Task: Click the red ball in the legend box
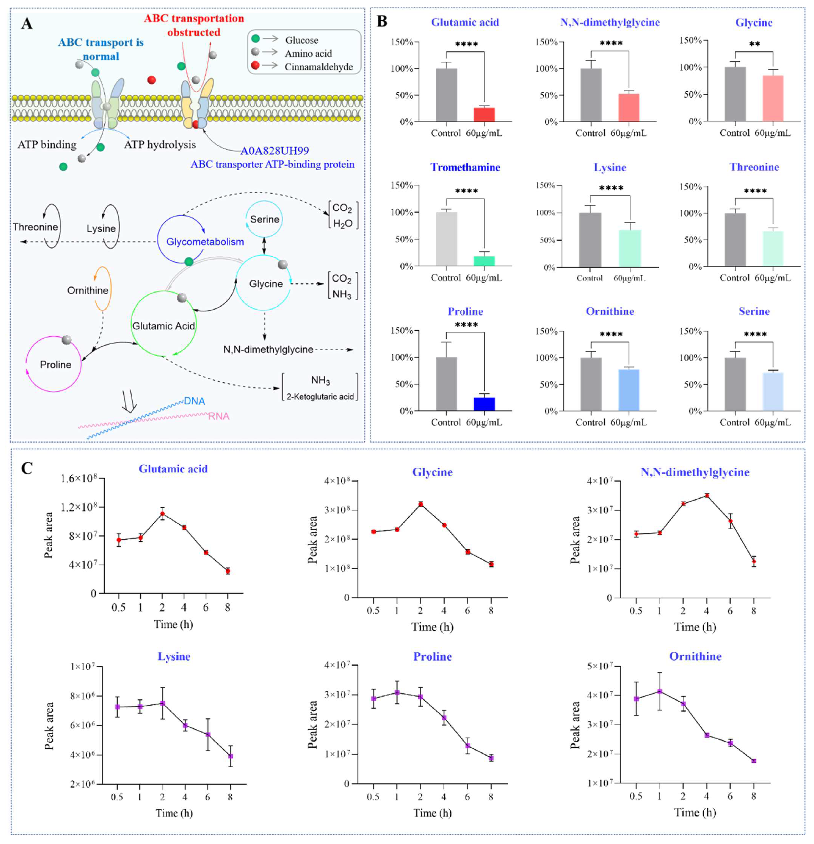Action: pos(255,66)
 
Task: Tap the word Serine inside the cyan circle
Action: pos(264,219)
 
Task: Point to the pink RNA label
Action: pos(219,416)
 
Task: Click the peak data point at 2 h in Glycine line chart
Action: pos(420,504)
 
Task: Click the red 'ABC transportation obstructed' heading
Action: pos(194,25)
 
